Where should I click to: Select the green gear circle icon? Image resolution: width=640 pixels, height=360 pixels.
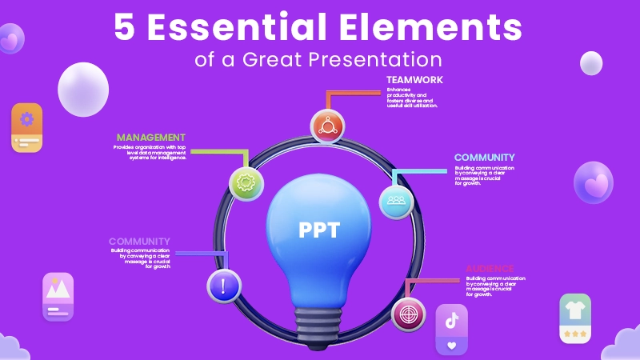[x=246, y=182]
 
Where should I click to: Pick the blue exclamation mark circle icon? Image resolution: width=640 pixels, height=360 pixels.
[x=224, y=286]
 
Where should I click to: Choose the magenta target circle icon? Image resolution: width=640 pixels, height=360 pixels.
[x=409, y=314]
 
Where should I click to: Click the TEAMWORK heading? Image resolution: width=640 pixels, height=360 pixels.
[x=414, y=80]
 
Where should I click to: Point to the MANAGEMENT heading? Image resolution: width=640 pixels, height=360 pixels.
[x=151, y=138]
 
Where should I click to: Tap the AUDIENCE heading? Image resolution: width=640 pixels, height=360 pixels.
[x=490, y=269]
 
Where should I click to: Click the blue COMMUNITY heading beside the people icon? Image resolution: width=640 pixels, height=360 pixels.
[x=485, y=158]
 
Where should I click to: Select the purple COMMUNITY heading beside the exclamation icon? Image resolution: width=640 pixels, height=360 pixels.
[x=139, y=242]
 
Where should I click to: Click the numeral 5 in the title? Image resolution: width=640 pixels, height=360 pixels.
[x=124, y=28]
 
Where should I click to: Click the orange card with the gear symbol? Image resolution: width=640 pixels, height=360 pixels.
[x=27, y=127]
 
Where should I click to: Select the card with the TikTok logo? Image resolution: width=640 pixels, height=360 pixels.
[x=451, y=330]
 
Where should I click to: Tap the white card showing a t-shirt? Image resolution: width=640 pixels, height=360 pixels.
[x=575, y=318]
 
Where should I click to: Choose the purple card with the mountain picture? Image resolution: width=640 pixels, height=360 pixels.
[x=58, y=297]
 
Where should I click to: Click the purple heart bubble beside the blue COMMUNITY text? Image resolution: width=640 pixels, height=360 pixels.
[x=594, y=183]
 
